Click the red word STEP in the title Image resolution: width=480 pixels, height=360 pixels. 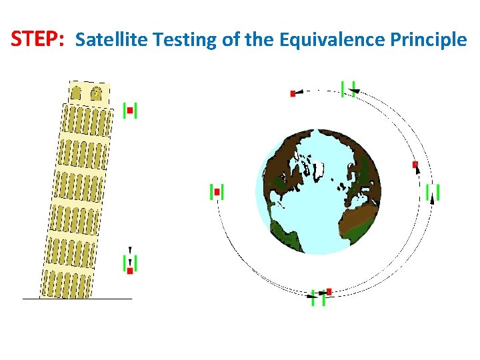point(37,39)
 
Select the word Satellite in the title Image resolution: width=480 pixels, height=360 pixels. point(111,40)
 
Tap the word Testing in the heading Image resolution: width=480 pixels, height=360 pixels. point(185,41)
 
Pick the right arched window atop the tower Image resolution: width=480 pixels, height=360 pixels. point(96,94)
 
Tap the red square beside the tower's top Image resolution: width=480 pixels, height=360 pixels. point(130,111)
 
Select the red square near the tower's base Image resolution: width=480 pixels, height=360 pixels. point(130,271)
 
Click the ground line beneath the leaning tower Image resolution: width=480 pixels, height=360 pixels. point(77,299)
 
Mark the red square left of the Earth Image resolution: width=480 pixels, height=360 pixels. point(217,192)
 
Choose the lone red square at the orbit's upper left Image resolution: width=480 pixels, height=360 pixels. point(293,93)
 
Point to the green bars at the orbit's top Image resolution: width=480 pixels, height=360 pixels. point(348,89)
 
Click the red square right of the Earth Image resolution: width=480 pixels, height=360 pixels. point(415,164)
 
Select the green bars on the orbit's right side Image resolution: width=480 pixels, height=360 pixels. point(433,192)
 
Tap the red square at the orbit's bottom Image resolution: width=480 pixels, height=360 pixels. point(329,291)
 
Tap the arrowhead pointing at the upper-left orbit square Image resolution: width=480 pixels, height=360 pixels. point(299,92)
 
